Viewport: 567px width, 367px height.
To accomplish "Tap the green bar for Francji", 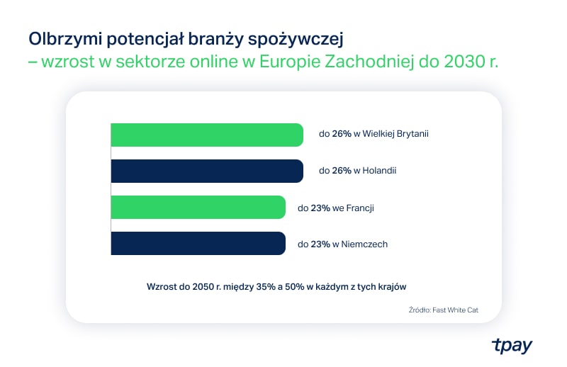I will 198,208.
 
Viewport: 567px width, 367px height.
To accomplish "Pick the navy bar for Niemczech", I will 198,244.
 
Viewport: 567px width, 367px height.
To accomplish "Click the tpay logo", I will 511,345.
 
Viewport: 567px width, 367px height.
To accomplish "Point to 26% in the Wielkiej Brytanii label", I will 342,135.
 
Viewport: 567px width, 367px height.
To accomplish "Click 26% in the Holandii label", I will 342,171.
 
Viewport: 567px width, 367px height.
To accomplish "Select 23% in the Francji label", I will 320,208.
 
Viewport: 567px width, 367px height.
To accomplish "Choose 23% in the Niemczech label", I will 320,244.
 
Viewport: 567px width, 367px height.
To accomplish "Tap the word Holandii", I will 379,171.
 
